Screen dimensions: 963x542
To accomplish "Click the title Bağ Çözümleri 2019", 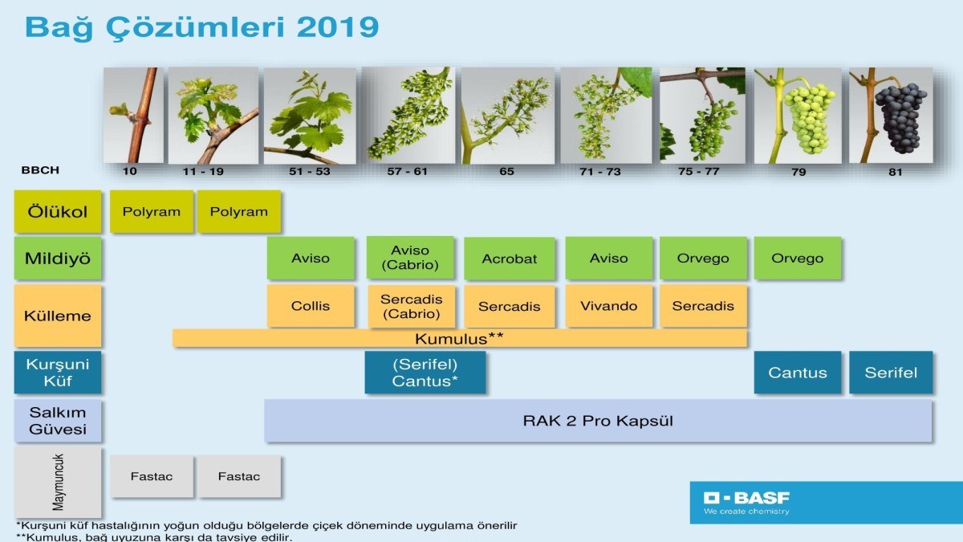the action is coord(202,27).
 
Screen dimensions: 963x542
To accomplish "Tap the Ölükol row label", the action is coord(58,212).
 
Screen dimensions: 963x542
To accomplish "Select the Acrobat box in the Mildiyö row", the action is coord(510,259).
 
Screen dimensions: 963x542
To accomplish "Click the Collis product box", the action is coord(311,306).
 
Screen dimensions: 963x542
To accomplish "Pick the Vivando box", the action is coord(609,306).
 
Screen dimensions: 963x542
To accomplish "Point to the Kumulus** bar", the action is coord(460,339).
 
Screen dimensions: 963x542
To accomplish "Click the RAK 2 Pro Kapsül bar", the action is coord(598,421).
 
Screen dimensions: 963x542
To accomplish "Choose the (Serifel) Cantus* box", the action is coord(425,373).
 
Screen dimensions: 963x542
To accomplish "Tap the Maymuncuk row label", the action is coord(58,482).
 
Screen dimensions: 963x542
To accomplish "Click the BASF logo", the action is coord(747,502).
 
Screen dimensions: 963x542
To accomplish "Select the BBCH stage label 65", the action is coord(507,172).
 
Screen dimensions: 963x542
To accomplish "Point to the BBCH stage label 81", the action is coord(896,172).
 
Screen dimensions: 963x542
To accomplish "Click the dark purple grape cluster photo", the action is coord(891,116).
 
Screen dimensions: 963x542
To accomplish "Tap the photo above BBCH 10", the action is coord(133,116).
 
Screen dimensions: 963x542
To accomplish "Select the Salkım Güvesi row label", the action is coord(58,421).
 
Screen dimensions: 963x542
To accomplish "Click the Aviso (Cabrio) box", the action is coord(410,258).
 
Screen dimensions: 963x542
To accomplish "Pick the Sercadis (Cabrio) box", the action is coord(412,306).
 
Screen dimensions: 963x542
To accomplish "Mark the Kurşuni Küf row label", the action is coord(58,373).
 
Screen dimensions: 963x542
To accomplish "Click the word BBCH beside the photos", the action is coord(40,170).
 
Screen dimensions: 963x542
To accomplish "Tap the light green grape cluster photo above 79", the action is coord(798,116).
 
